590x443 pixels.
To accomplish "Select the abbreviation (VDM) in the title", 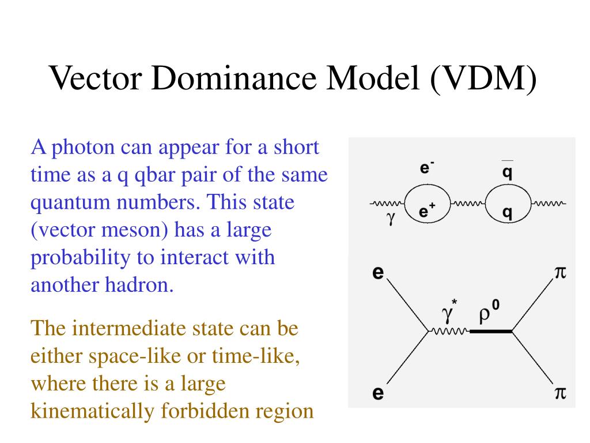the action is tap(481, 79).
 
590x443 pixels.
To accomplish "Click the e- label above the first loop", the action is tap(427, 168).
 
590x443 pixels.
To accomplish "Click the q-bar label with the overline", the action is tap(507, 171).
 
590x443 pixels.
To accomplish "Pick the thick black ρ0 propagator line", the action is tap(490, 332).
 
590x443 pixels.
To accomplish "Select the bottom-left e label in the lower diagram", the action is tap(378, 394).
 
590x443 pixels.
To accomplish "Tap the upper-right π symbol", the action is tap(560, 272).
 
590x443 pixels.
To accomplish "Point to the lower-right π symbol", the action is tap(560, 394).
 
